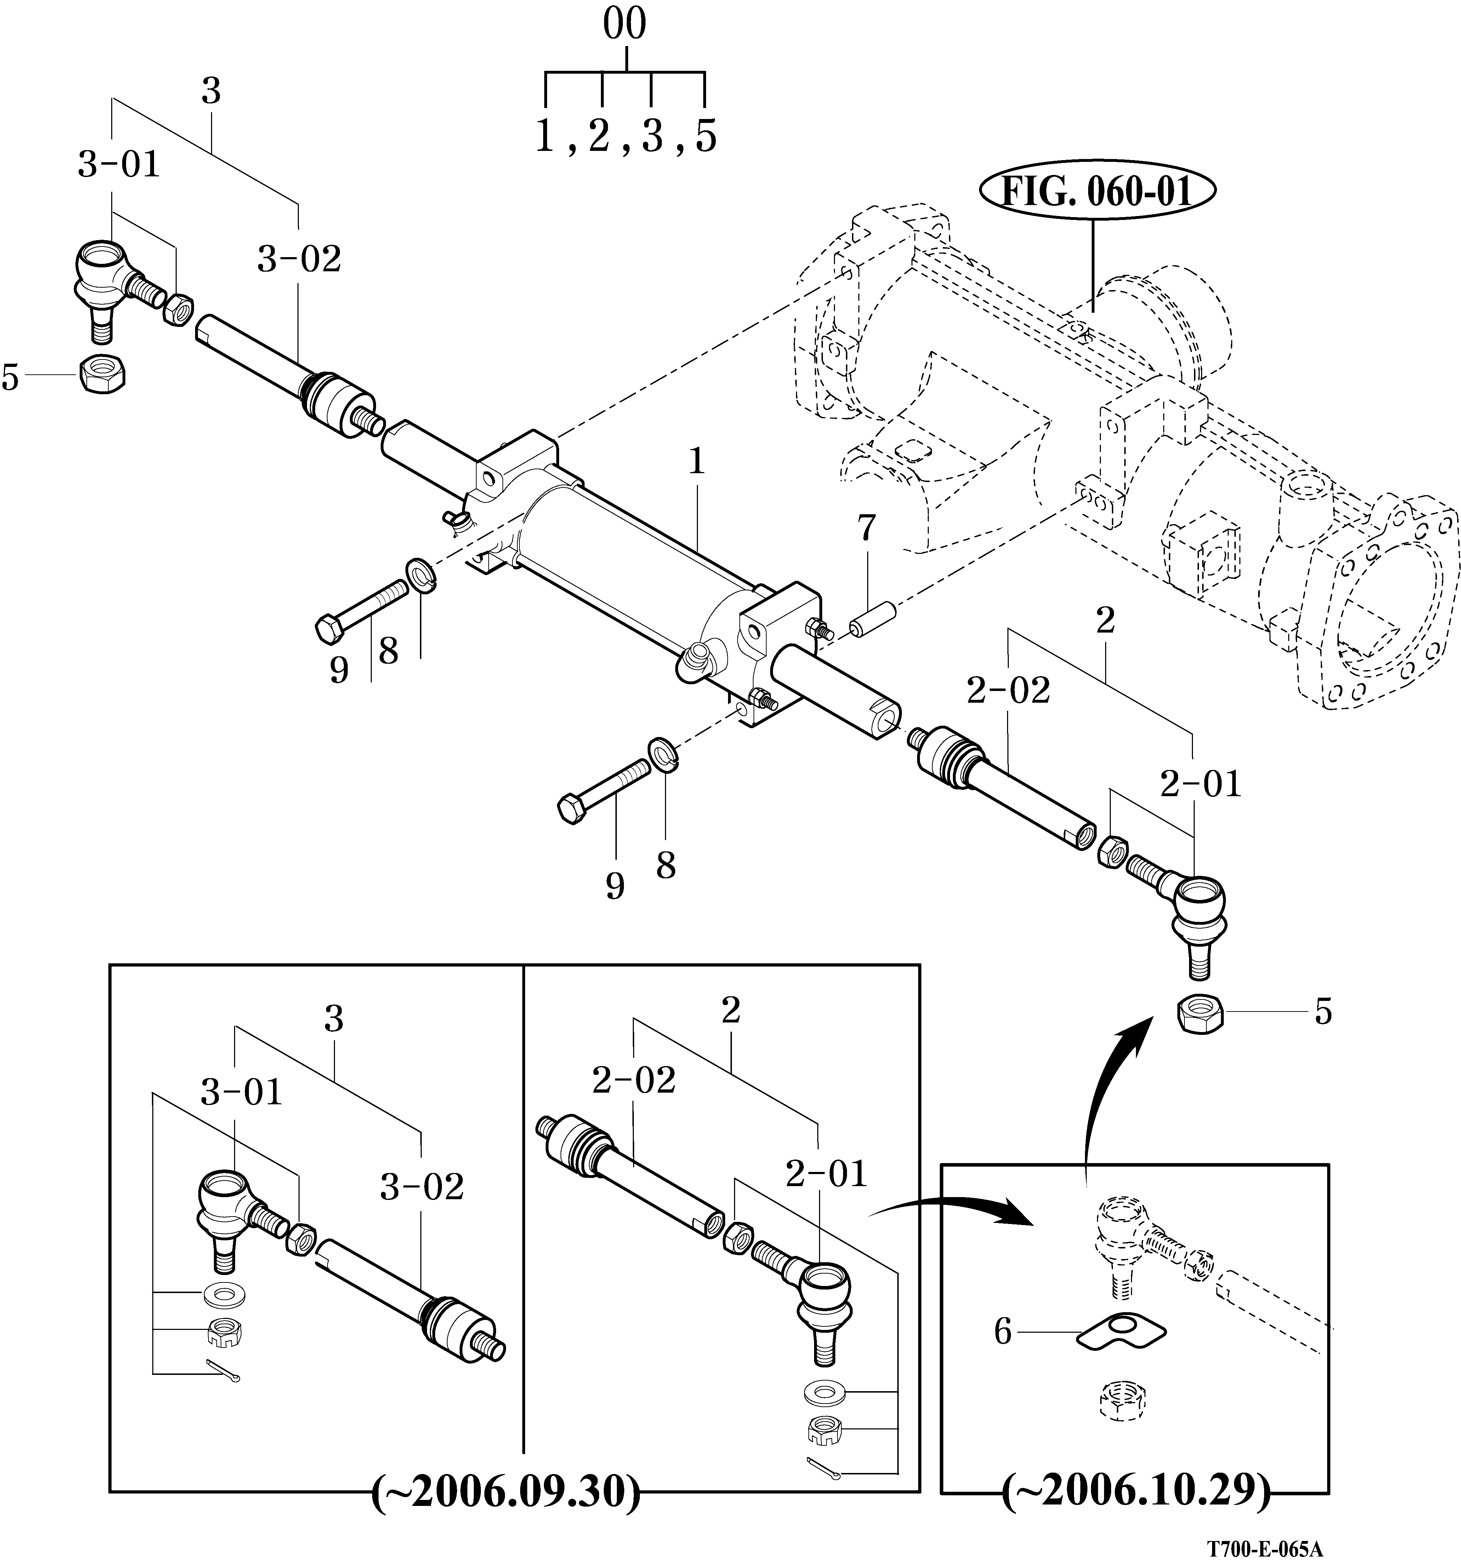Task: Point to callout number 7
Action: [866, 529]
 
